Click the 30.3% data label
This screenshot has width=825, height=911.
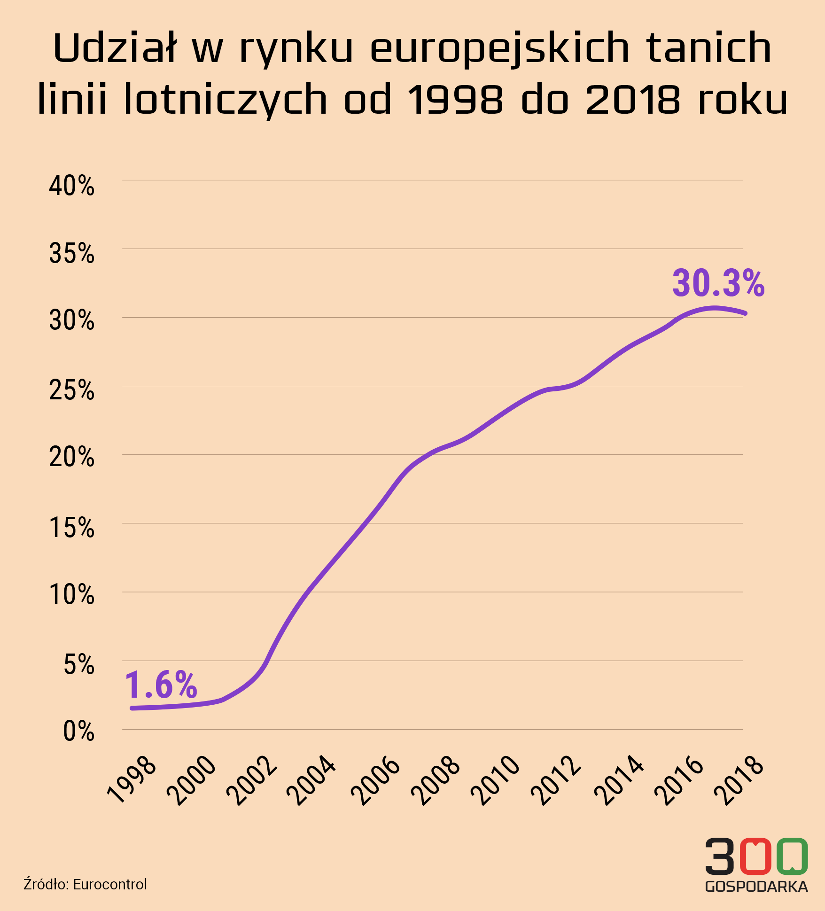(x=718, y=284)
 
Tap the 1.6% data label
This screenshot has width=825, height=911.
(x=161, y=685)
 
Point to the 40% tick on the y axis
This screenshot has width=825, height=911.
(x=72, y=186)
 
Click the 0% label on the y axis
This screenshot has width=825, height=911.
(x=79, y=732)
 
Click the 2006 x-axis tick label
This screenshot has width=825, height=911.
(x=376, y=780)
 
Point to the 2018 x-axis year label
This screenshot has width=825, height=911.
(x=739, y=780)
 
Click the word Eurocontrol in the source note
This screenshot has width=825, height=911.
(x=110, y=884)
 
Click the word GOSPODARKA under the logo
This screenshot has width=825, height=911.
(x=756, y=887)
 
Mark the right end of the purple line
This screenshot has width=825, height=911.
(x=745, y=313)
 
